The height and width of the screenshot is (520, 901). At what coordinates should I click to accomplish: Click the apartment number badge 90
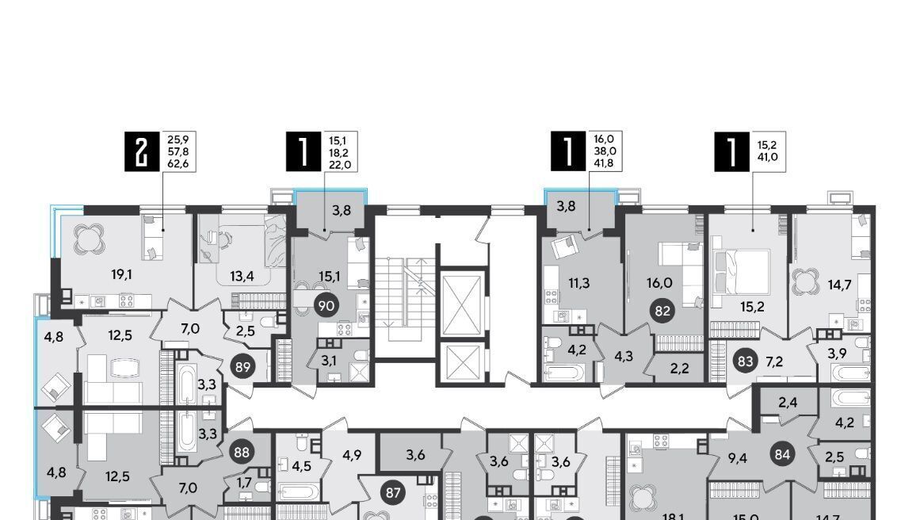click(326, 306)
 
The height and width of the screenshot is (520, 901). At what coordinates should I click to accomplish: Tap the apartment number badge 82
click(662, 311)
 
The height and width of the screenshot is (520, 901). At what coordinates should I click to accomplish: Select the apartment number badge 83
click(745, 362)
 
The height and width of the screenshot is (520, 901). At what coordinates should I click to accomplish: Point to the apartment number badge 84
click(782, 455)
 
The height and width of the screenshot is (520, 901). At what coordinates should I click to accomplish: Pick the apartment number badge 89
click(243, 366)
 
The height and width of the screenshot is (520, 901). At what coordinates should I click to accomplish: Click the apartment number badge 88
click(242, 452)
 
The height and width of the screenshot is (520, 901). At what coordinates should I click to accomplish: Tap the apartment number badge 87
click(393, 492)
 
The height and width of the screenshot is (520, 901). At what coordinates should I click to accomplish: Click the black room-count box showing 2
click(141, 151)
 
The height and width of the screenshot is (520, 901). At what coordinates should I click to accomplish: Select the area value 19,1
click(122, 274)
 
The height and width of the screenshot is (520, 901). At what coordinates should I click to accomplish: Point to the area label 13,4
click(242, 277)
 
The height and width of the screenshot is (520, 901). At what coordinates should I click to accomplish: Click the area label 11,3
click(578, 283)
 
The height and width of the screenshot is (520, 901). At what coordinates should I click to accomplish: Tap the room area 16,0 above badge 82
click(662, 283)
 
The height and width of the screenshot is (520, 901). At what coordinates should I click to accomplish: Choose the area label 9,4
click(737, 458)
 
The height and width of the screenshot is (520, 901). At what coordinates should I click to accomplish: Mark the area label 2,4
click(788, 403)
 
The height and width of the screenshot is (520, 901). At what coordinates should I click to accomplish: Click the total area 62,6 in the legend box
click(178, 164)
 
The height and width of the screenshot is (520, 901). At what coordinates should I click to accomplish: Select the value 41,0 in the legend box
click(768, 156)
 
